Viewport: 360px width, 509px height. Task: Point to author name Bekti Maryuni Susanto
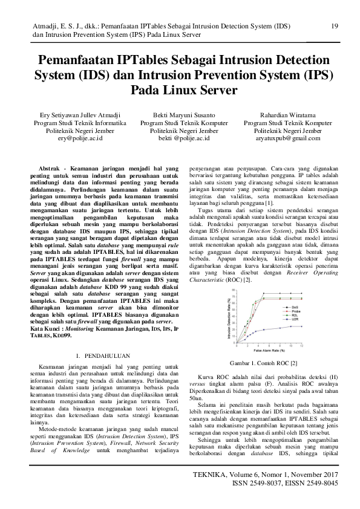(x=183, y=113)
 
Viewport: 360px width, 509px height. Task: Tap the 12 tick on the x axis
(x=301, y=345)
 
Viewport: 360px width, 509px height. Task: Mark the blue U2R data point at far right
(x=301, y=326)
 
